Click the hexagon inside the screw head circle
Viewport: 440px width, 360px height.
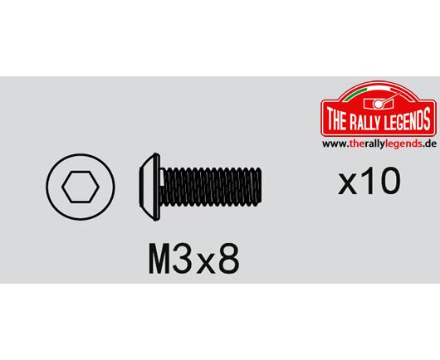pyautogui.click(x=81, y=187)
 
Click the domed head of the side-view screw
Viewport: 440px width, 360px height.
pyautogui.click(x=149, y=187)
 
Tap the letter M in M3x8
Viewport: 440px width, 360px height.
pyautogui.click(x=159, y=259)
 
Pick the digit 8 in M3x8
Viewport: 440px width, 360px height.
pyautogui.click(x=228, y=259)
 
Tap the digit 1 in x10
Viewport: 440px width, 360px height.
pyautogui.click(x=367, y=180)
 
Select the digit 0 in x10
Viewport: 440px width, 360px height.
pyautogui.click(x=389, y=180)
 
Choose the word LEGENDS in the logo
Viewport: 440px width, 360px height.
pyautogui.click(x=408, y=119)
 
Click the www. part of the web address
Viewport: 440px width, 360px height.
pyautogui.click(x=335, y=144)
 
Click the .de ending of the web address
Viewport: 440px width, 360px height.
pyautogui.click(x=429, y=144)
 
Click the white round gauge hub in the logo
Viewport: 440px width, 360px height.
pyautogui.click(x=379, y=104)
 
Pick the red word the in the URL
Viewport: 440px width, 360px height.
pyautogui.click(x=356, y=144)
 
